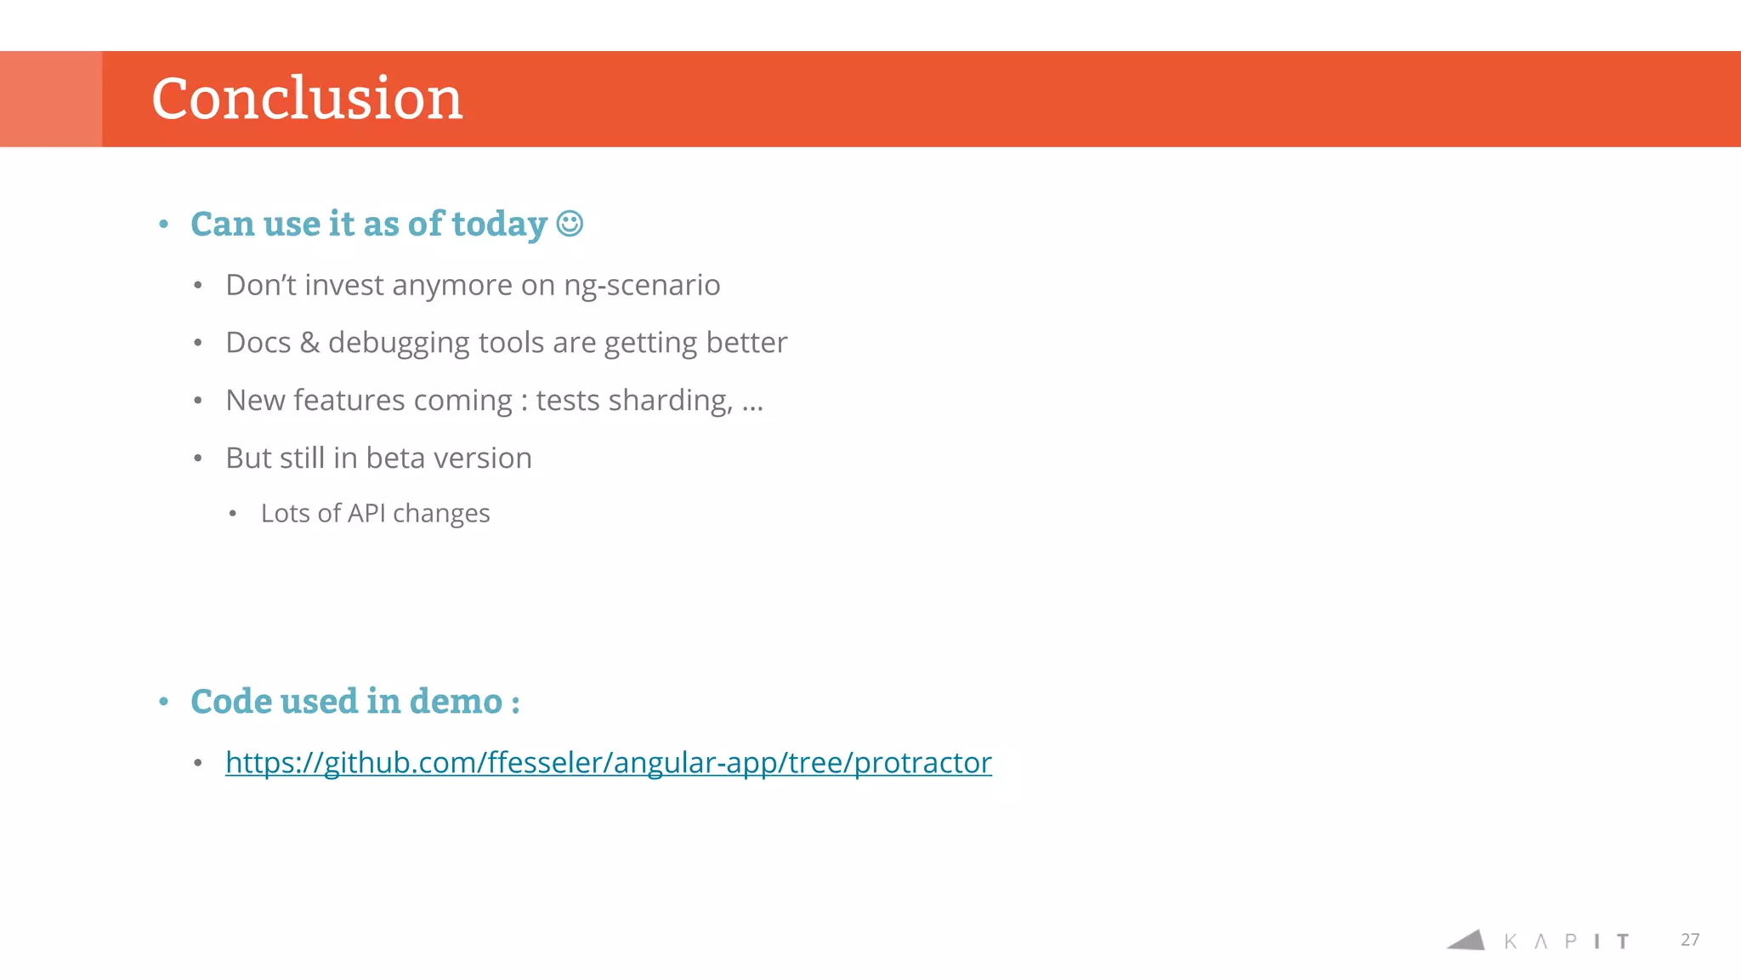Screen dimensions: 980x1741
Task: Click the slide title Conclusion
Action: point(307,99)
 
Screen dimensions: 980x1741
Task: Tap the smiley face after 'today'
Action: point(570,224)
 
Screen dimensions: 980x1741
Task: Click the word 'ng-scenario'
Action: point(642,286)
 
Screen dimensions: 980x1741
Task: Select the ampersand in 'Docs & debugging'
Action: point(309,343)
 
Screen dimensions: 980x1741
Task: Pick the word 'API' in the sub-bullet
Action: point(366,513)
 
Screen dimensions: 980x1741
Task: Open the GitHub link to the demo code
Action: point(608,763)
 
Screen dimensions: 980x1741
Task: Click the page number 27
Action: point(1689,940)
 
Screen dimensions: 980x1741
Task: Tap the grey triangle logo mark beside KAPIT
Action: point(1468,940)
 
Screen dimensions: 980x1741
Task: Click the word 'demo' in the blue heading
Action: point(456,702)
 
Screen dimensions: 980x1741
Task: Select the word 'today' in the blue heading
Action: point(499,225)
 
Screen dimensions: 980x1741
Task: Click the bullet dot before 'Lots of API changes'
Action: point(233,514)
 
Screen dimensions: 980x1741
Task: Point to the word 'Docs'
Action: point(258,343)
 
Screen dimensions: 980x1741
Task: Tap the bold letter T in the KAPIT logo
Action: point(1623,941)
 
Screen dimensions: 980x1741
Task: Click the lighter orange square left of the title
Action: point(51,99)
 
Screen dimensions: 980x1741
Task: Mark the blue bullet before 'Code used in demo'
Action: point(164,703)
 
